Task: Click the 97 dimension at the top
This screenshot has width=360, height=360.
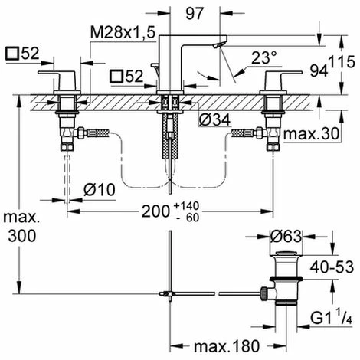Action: (195, 13)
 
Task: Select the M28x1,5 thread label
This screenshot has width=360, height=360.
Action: (123, 33)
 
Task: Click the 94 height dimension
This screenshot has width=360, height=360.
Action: (319, 70)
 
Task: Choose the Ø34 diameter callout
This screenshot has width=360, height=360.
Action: (214, 119)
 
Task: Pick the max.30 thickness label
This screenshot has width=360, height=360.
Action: (311, 133)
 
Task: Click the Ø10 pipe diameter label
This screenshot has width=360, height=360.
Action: (100, 190)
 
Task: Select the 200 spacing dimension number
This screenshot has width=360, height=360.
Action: (155, 211)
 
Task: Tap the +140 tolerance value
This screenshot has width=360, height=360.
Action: (186, 205)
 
